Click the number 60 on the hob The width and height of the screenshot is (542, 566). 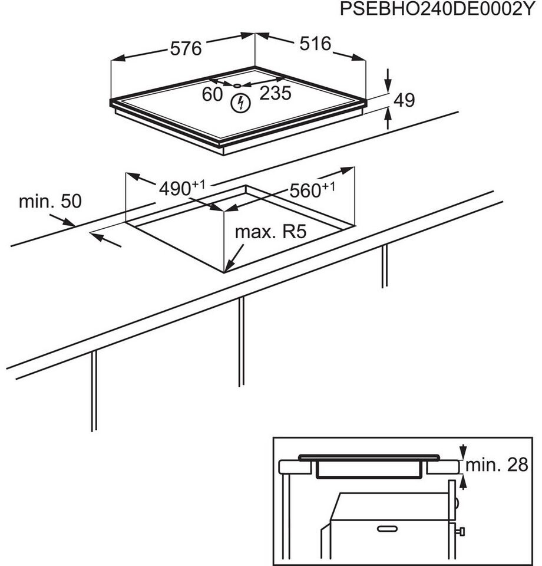click(x=212, y=94)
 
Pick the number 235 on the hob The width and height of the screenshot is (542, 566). click(x=276, y=93)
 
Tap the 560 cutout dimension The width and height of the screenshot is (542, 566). click(x=308, y=190)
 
